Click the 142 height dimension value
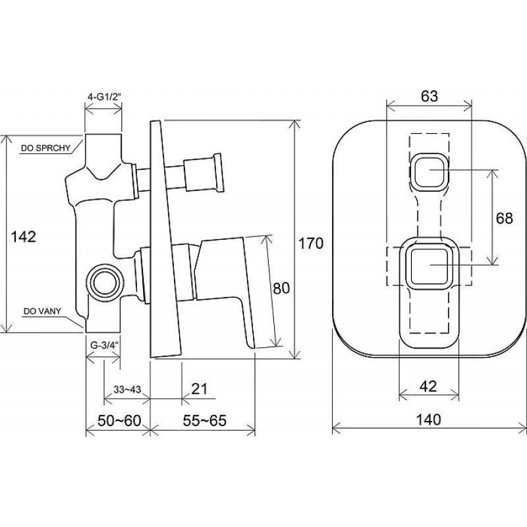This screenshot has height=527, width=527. coord(24,237)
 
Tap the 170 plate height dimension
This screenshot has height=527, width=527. coord(310,243)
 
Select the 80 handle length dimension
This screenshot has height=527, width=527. coord(281,288)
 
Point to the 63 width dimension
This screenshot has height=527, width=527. coord(430,96)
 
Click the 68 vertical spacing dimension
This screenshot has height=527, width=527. coord(504,218)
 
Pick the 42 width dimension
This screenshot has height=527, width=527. coord(428,387)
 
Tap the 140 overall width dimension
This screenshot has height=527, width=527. coord(428,420)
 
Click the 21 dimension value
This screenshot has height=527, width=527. coord(200,389)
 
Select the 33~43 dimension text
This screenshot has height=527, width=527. coord(127,389)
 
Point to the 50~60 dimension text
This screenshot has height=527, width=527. coord(119,420)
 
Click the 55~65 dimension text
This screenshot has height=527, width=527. coord(205,420)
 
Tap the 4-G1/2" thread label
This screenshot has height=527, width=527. coord(104,97)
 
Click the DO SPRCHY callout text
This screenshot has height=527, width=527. coord(45,148)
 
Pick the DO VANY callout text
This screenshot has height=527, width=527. coord(42,311)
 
